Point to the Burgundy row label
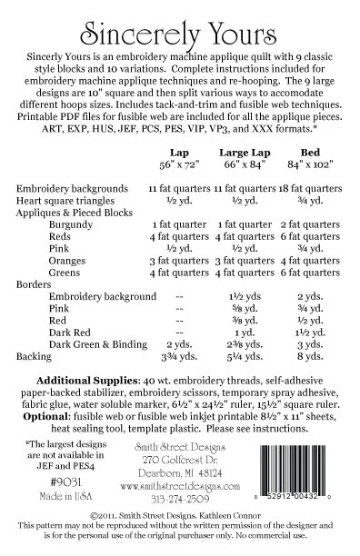point(71,223)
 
